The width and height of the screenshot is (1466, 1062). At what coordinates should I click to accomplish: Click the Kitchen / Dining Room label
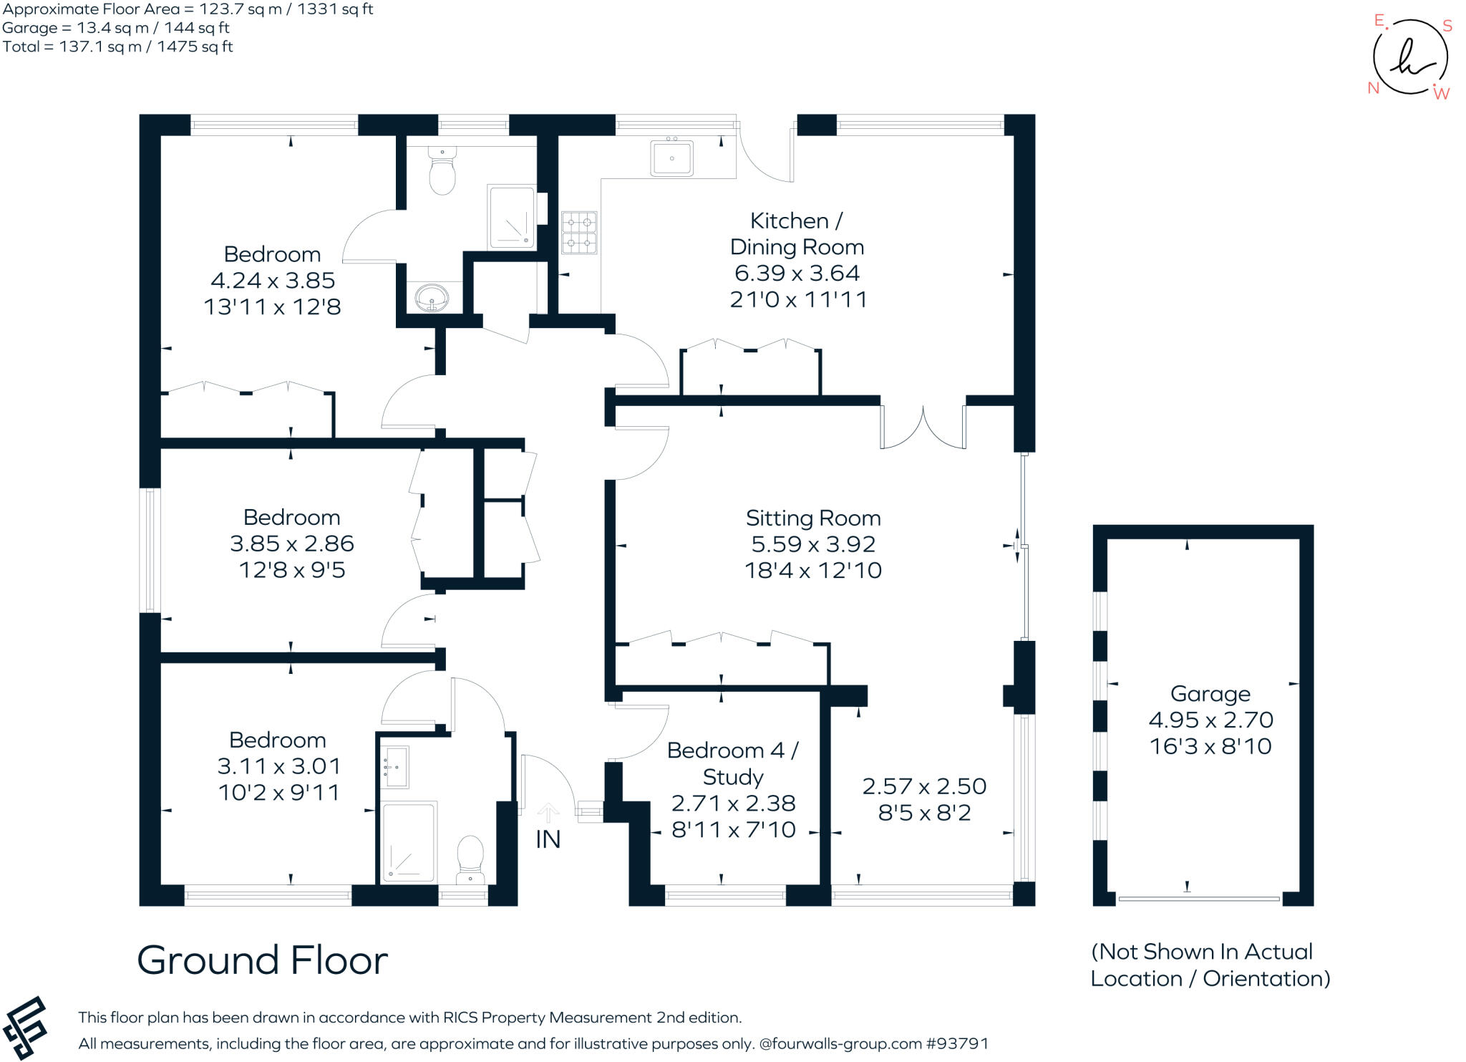[796, 233]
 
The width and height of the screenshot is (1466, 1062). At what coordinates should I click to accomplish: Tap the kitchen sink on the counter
[671, 158]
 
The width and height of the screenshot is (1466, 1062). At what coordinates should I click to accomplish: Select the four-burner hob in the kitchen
[578, 232]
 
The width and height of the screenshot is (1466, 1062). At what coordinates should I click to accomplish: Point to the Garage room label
[1210, 693]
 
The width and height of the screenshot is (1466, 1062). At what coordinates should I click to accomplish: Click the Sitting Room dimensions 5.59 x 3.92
[812, 544]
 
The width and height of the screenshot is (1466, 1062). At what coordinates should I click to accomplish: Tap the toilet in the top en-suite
[442, 172]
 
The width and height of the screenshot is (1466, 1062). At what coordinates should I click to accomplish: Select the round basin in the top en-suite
[432, 296]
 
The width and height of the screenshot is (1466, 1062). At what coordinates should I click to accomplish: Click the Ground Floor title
[262, 960]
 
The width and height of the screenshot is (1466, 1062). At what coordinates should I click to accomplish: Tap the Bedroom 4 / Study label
[732, 763]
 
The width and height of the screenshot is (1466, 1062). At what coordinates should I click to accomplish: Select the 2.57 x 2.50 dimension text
[924, 786]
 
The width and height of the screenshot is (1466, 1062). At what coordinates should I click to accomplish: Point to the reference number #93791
[957, 1043]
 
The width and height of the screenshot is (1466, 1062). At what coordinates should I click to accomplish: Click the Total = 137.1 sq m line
[118, 47]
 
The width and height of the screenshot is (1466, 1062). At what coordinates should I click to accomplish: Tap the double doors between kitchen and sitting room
[923, 428]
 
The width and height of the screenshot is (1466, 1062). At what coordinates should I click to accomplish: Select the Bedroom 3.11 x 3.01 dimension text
[278, 766]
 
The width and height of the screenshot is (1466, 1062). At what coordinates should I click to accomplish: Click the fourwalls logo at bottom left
[25, 1028]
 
